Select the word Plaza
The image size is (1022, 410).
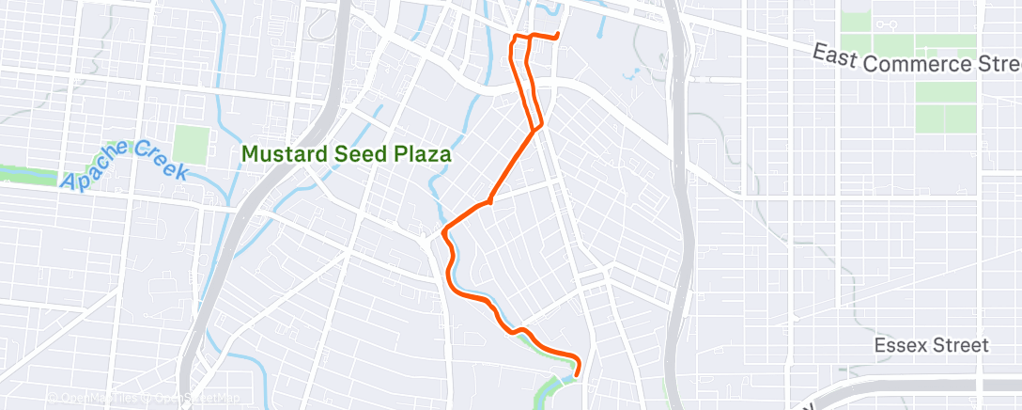tap(413, 153)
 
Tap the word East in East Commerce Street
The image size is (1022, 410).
tap(835, 57)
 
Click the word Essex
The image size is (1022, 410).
tap(899, 345)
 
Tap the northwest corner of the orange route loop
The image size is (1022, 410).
tap(513, 39)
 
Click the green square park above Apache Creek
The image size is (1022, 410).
tap(190, 145)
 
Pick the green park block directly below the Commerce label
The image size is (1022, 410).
tap(947, 93)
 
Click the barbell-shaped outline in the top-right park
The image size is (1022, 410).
tap(886, 23)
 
